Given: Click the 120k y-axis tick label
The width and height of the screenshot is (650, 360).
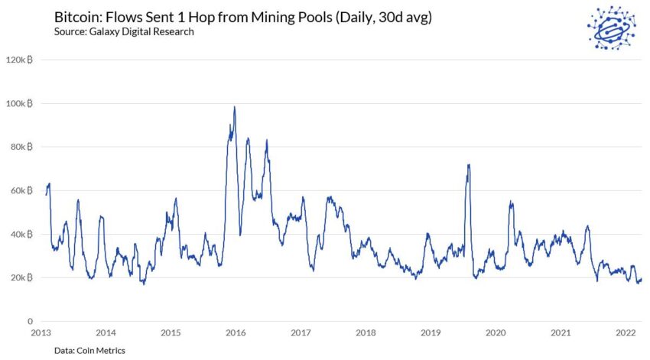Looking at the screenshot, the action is pyautogui.click(x=19, y=60).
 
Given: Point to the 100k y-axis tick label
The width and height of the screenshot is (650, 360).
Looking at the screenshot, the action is pyautogui.click(x=19, y=103).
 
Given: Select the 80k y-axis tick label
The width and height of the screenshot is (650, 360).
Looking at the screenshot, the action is pyautogui.click(x=21, y=147).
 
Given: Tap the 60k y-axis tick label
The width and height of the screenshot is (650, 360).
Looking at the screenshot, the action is pyautogui.click(x=21, y=190).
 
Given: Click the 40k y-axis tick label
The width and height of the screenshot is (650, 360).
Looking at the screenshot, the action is pyautogui.click(x=21, y=234).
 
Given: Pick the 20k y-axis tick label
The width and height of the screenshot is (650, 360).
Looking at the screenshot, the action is pyautogui.click(x=21, y=277).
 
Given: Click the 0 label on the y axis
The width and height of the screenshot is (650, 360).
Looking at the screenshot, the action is pyautogui.click(x=30, y=321).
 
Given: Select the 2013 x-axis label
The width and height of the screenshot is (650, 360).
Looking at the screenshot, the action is pyautogui.click(x=41, y=332).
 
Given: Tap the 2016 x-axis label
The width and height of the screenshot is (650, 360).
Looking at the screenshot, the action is pyautogui.click(x=236, y=332).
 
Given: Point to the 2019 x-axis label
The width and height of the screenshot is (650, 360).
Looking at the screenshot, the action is pyautogui.click(x=431, y=332).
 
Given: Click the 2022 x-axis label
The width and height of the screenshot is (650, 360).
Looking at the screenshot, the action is pyautogui.click(x=626, y=332).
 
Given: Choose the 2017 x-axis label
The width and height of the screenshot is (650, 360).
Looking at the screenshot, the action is pyautogui.click(x=301, y=332).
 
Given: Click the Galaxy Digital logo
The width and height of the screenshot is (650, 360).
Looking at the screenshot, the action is pyautogui.click(x=612, y=28).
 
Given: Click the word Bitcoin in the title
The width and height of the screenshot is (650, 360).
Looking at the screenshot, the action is pyautogui.click(x=78, y=18).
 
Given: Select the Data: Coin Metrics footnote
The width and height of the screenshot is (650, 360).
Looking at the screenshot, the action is pyautogui.click(x=89, y=351).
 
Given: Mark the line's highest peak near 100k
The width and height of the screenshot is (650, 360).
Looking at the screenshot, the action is pyautogui.click(x=235, y=107).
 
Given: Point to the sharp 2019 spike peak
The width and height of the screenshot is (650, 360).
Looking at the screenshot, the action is pyautogui.click(x=469, y=165).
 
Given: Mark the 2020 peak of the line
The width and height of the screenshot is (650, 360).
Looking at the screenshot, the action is pyautogui.click(x=511, y=201).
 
